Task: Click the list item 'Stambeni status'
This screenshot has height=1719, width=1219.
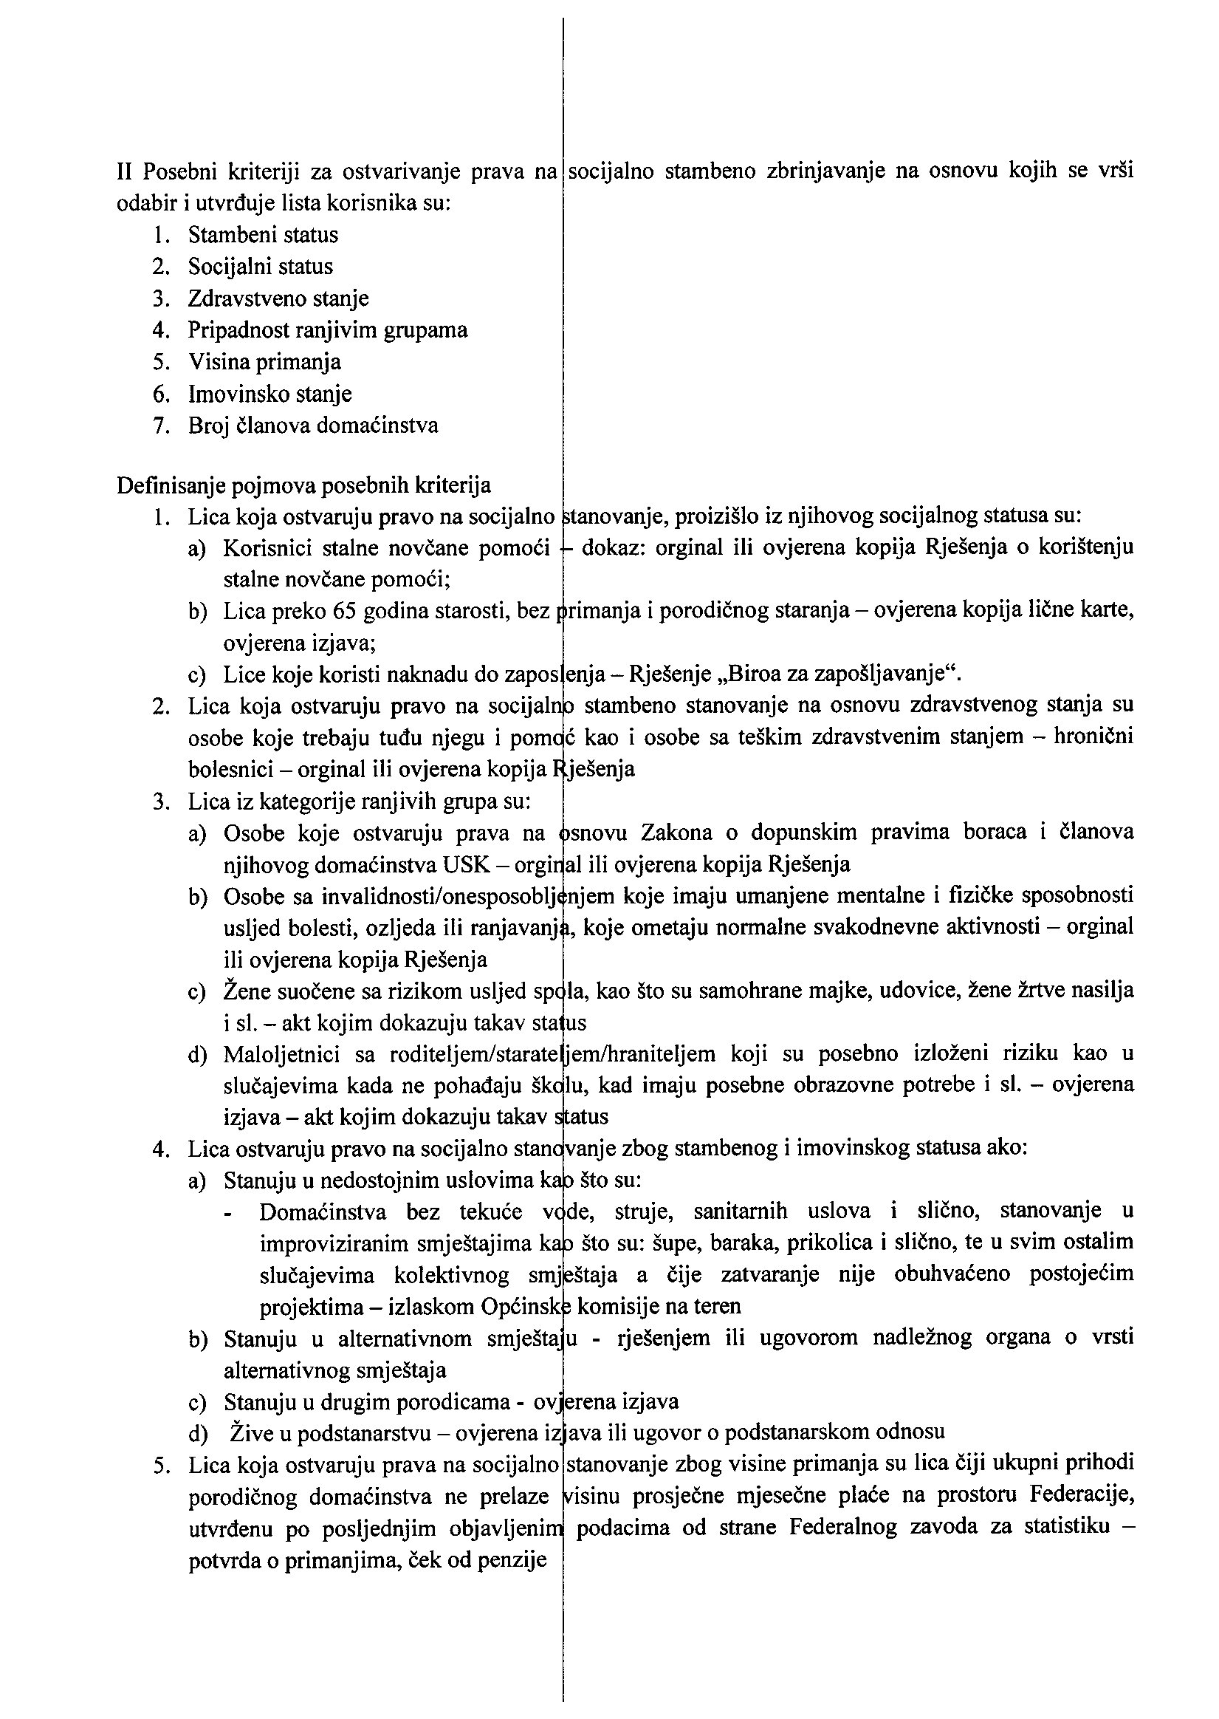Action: pyautogui.click(x=263, y=236)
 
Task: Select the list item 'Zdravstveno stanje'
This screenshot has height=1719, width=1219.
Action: pyautogui.click(x=278, y=299)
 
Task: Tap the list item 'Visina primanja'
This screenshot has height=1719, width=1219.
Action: pyautogui.click(x=264, y=362)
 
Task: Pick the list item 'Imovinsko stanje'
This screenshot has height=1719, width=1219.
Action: pyautogui.click(x=269, y=394)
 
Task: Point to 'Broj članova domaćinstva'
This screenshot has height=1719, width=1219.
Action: pyautogui.click(x=313, y=426)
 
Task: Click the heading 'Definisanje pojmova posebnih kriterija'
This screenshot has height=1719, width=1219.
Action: pyautogui.click(x=303, y=486)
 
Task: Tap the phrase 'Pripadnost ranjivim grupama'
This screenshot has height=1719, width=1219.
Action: pyautogui.click(x=327, y=330)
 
